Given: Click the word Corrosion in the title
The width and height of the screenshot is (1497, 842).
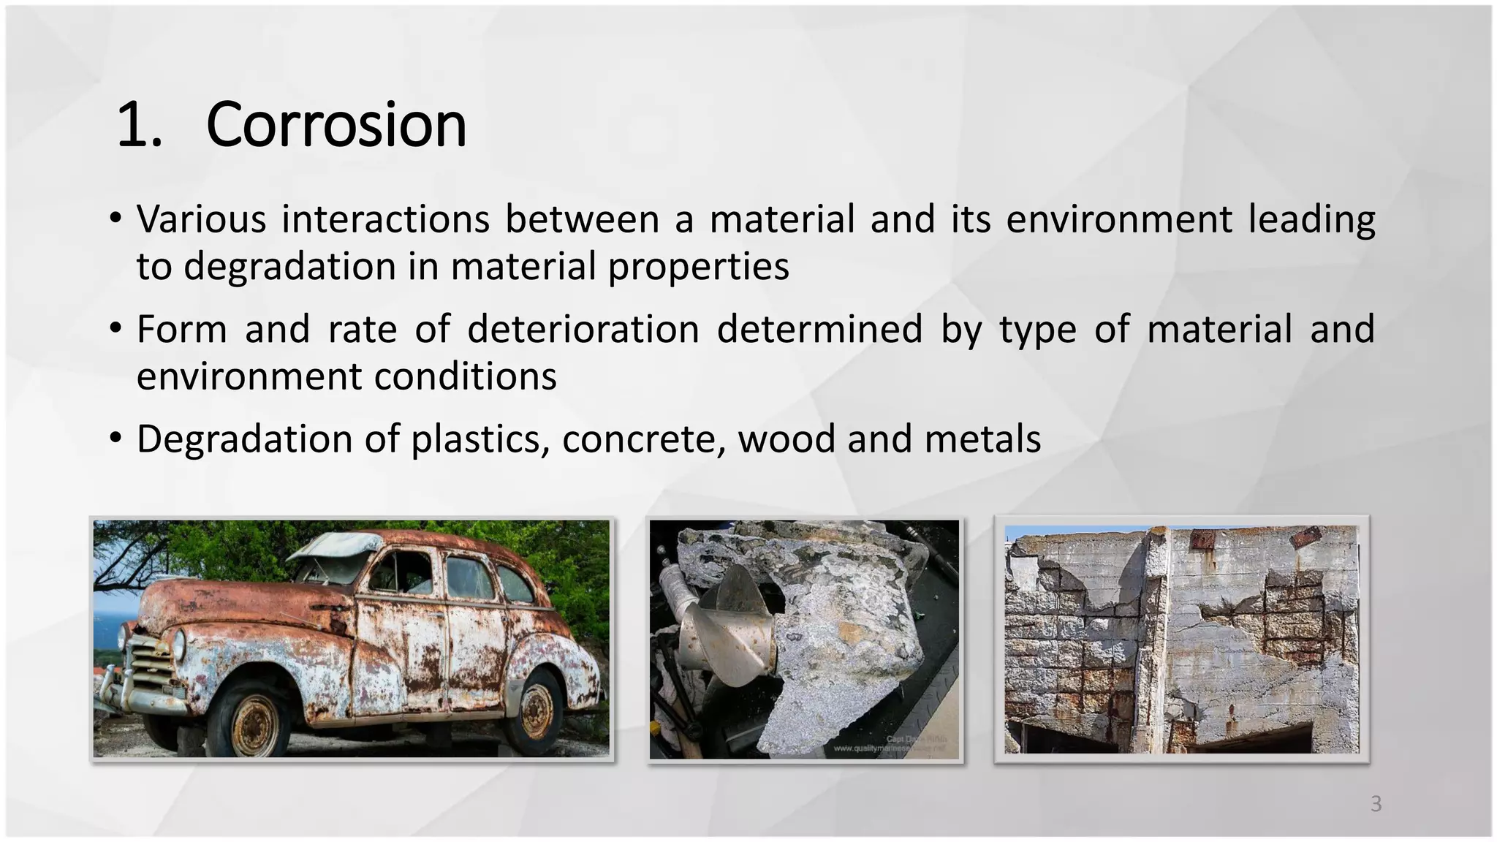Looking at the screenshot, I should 336,126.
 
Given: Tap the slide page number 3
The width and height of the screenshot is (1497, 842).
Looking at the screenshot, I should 1376,804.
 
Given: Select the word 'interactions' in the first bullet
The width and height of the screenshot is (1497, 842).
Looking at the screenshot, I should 385,219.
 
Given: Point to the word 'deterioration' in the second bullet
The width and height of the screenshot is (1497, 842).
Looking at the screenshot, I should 583,329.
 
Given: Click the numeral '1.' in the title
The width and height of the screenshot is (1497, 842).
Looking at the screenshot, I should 139,126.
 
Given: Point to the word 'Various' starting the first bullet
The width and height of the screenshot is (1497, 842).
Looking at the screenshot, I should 201,219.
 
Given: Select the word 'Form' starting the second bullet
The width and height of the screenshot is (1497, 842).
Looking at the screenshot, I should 181,329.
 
